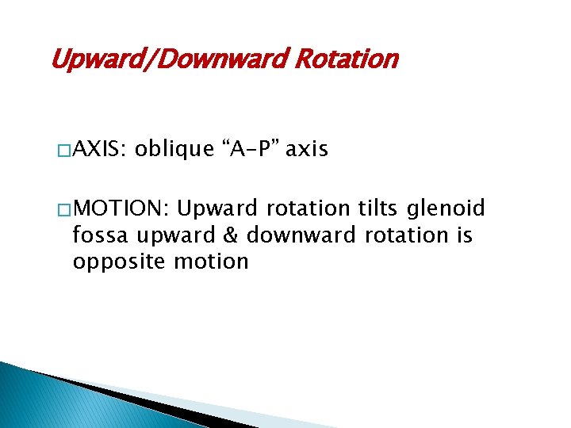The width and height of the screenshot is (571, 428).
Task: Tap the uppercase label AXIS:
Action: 99,150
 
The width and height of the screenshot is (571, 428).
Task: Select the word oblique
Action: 174,150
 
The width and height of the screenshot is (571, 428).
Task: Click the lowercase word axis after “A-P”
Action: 306,150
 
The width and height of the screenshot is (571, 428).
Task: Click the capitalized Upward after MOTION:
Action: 217,208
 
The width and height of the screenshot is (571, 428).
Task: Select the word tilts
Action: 377,208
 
